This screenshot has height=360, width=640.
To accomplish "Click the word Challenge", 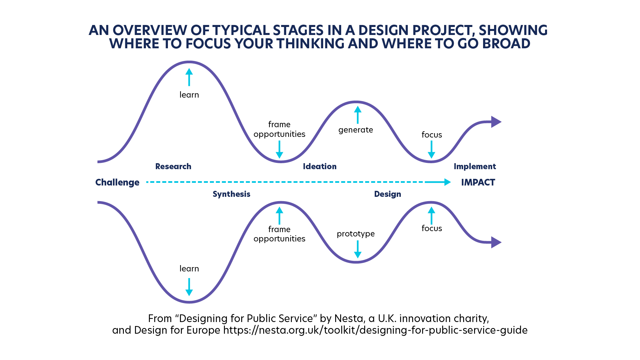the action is [117, 182].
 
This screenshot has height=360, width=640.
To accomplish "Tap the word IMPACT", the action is [478, 182].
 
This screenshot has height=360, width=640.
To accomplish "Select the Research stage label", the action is [173, 167].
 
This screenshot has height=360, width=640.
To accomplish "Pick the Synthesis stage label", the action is [232, 194].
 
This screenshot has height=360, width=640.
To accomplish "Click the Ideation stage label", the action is [320, 167].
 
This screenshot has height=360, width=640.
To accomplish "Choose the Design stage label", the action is [387, 194].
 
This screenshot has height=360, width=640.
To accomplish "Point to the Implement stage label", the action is [475, 167].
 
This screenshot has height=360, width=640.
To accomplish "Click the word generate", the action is [356, 130].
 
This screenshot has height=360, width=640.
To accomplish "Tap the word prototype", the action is [356, 234].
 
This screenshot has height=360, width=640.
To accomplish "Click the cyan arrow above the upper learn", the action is [189, 77].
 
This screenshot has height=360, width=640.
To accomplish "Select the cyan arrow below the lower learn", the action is [189, 287].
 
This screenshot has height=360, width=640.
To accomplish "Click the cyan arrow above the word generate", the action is [358, 115].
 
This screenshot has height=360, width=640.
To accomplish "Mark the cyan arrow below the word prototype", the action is [358, 249].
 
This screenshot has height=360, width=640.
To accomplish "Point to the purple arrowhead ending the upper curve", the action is [496, 122].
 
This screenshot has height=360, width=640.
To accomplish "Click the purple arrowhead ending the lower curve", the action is [496, 242].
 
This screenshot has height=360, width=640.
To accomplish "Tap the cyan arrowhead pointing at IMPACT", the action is [447, 182].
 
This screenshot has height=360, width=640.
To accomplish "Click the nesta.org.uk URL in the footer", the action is [375, 330].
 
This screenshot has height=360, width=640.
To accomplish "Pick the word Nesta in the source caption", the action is [349, 319].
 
